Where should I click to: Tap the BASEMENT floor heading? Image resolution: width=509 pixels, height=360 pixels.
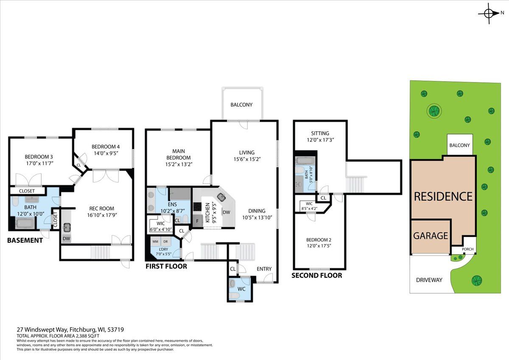point(25,240)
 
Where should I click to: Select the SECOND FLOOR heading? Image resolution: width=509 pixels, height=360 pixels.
point(317,276)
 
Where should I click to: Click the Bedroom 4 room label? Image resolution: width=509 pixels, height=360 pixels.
point(106,147)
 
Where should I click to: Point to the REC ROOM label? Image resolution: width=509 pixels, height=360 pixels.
point(101,208)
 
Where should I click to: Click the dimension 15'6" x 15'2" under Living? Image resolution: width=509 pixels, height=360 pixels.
point(247,159)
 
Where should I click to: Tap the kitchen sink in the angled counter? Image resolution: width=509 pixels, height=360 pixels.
point(221,197)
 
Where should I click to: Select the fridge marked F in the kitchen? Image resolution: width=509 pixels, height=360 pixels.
point(198,221)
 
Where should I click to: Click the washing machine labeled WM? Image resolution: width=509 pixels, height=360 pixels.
point(155,242)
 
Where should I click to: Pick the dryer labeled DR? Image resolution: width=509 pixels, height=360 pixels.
point(165,242)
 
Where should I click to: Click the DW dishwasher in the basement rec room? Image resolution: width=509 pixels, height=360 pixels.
point(66,239)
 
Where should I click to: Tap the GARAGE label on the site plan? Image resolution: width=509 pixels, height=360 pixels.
point(431,236)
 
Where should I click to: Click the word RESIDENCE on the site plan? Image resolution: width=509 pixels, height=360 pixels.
point(443,197)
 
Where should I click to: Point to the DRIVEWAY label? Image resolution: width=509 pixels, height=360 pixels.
point(429,280)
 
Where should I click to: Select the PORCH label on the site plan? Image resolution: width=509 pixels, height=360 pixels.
point(467,249)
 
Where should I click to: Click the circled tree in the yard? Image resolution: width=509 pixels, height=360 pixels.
point(434,111)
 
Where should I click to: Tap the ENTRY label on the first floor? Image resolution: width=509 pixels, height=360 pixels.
point(264,269)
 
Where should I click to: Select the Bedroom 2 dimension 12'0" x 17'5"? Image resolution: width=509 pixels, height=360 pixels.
point(319,246)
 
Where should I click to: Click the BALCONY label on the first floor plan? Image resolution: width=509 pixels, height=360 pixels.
point(241,105)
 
